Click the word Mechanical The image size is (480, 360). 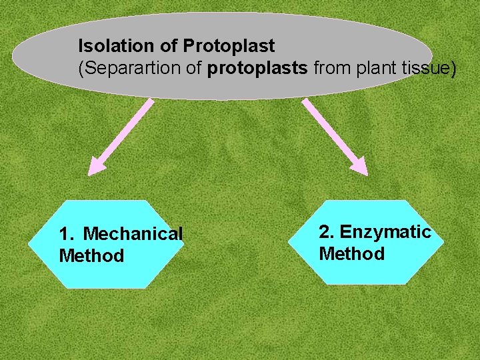[133, 234]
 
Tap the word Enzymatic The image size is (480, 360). [385, 232]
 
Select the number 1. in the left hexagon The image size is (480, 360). [67, 234]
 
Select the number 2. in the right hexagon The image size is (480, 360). [327, 232]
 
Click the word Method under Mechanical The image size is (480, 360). [91, 256]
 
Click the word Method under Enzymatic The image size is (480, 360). [351, 254]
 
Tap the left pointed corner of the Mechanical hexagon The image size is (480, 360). [29, 244]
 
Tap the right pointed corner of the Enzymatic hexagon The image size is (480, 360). [443, 242]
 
